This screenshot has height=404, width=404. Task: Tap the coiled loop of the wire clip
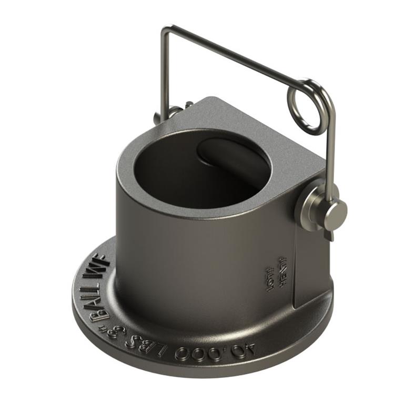306,106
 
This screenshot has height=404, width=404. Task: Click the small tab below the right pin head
329,235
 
